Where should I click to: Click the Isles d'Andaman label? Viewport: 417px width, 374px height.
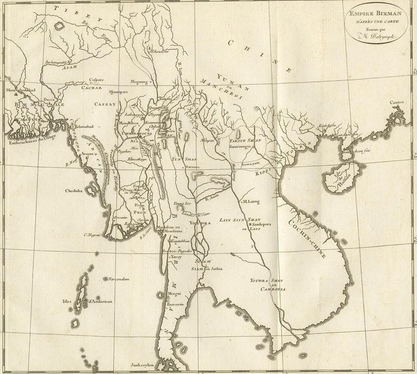click(83, 300)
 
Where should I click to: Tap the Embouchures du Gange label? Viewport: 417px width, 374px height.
click(27, 144)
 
